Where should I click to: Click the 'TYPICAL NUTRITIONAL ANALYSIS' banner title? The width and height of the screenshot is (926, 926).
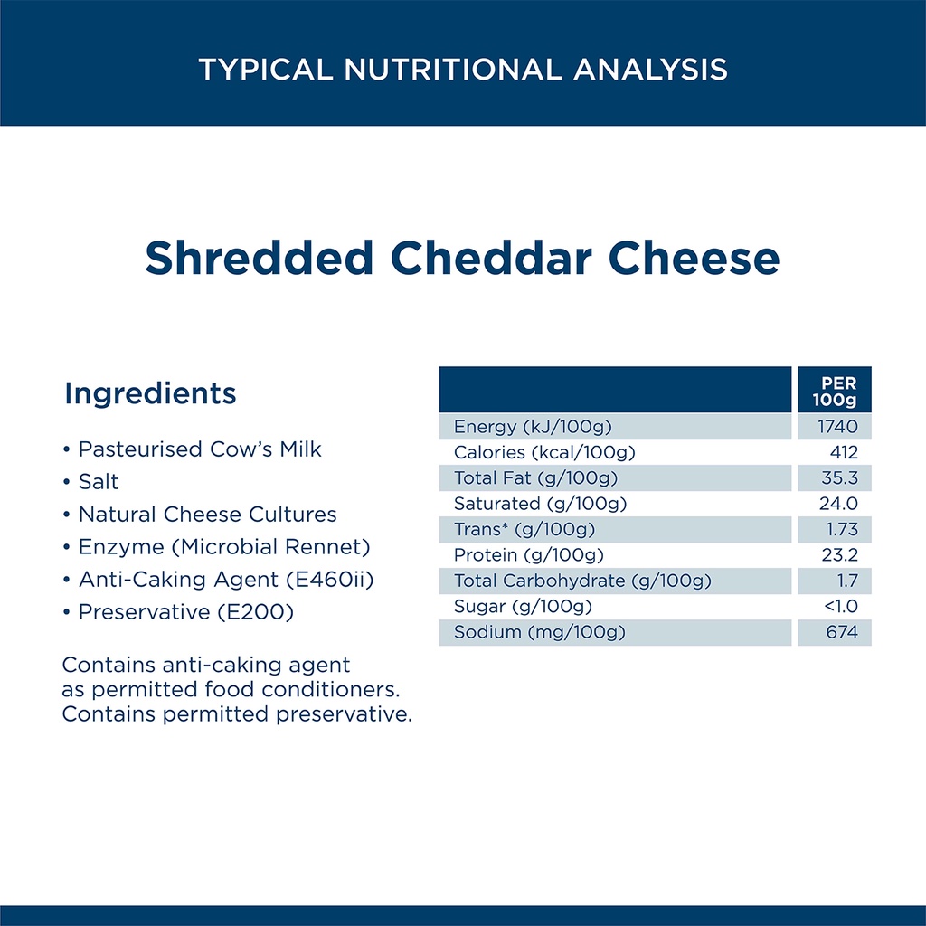pos(463,69)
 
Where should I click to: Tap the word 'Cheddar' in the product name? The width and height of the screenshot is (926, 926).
pos(491,258)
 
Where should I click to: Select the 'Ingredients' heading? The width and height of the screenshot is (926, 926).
pos(150,394)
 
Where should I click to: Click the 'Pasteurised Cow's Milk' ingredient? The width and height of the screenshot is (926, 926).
pos(200,449)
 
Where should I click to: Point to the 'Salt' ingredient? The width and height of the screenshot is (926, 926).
pos(99,482)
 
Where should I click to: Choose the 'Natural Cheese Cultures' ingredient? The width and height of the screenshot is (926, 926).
pos(207,515)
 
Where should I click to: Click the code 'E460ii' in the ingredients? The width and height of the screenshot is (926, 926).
pos(330,580)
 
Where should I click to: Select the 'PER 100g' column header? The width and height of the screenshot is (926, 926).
pos(835,391)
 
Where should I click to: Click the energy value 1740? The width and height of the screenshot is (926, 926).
pos(837,427)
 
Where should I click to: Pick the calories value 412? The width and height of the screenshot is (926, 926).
pos(844,452)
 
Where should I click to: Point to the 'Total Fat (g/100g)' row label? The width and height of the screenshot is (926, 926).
pos(535,478)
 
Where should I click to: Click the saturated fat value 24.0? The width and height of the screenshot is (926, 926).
pos(838,504)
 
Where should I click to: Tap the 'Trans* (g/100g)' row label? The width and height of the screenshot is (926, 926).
pos(524,530)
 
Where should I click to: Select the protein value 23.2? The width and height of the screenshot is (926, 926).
pos(840,555)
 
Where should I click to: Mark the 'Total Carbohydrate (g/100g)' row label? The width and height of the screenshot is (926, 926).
pos(582,581)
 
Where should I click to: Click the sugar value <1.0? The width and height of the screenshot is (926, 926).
pos(841,607)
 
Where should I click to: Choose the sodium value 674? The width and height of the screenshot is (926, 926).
pos(842,632)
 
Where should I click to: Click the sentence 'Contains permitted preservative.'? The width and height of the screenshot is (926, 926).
pos(237,714)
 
